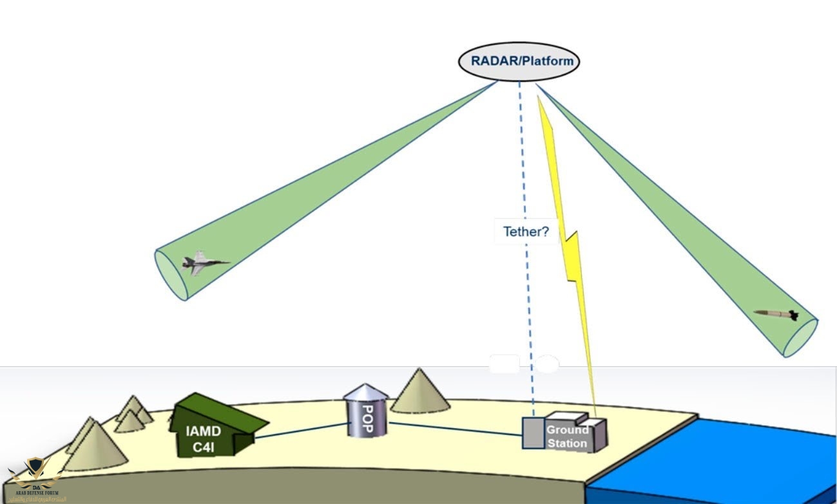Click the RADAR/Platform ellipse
[519, 62]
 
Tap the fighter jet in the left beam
[204, 263]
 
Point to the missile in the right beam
[777, 313]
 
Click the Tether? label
[526, 232]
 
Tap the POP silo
[365, 412]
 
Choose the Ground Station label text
[568, 436]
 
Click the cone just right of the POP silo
[420, 391]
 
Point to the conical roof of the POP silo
[365, 391]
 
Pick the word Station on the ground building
[568, 442]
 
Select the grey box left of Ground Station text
[532, 433]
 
